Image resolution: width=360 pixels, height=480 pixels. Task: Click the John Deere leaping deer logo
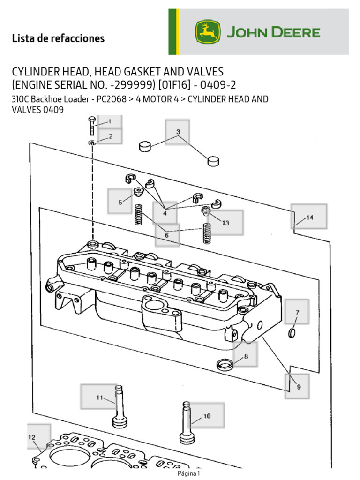tap(208, 32)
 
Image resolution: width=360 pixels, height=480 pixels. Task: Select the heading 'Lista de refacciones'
tap(58, 38)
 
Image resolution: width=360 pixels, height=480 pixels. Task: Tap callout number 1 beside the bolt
tap(110, 121)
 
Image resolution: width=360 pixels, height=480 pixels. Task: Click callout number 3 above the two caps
tap(178, 132)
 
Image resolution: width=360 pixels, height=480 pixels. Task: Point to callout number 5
tap(120, 202)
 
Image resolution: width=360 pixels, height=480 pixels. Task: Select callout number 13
tap(225, 223)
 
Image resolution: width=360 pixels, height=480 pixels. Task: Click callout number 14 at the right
tap(310, 217)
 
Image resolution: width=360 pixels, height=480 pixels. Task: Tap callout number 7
tap(297, 313)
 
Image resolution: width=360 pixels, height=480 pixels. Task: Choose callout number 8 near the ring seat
tap(246, 356)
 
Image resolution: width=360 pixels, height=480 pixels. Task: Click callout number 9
tap(299, 387)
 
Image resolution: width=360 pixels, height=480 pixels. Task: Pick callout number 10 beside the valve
tap(207, 416)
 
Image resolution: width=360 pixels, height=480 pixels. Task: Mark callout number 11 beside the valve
tap(99, 397)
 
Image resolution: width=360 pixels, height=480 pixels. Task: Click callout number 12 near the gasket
tap(31, 437)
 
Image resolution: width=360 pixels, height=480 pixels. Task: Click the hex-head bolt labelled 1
tap(92, 126)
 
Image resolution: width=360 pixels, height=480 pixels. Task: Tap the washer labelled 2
tap(92, 142)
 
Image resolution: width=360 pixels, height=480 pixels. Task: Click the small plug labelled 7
tap(292, 333)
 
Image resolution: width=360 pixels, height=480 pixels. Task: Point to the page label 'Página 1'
tap(188, 473)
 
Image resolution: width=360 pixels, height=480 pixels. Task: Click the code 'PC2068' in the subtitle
tap(112, 99)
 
